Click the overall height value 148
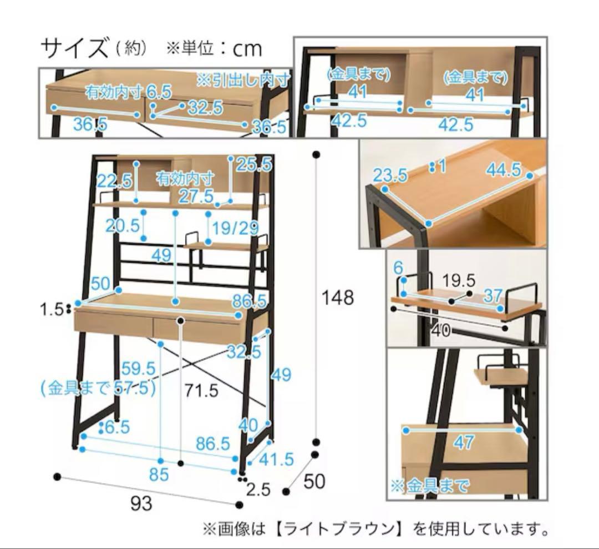(x=338, y=298)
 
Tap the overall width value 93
(x=141, y=505)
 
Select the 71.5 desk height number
(x=202, y=391)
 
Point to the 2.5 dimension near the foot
(x=258, y=489)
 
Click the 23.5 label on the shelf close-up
(x=390, y=175)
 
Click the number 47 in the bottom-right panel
(x=464, y=442)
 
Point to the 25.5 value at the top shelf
(x=254, y=164)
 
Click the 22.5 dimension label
(x=114, y=180)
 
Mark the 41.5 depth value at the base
(x=276, y=459)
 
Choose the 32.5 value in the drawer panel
(x=205, y=107)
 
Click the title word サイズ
(x=74, y=49)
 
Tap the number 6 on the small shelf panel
(x=398, y=268)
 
